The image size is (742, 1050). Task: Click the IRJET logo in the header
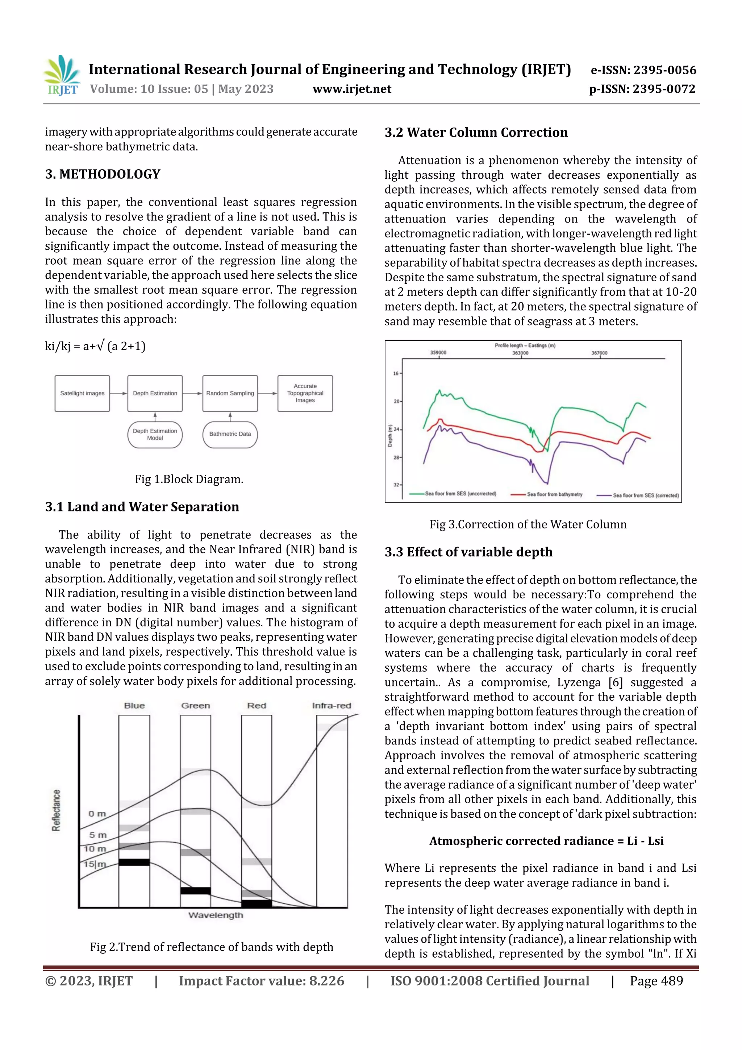click(x=63, y=75)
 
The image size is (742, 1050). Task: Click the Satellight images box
click(x=82, y=393)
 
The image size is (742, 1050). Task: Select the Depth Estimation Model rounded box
click(x=155, y=435)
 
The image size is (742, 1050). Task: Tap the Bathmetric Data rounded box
click(x=230, y=435)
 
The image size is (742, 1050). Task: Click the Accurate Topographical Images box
click(x=305, y=393)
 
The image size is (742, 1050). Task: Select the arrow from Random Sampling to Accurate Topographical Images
click(x=268, y=393)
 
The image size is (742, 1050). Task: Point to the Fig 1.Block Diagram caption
click(x=189, y=479)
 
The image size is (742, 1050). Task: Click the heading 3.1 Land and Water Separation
click(x=142, y=507)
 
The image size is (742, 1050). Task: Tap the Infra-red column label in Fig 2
click(x=332, y=706)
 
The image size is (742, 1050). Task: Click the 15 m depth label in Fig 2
click(x=95, y=864)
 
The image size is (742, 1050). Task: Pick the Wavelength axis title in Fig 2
click(x=216, y=915)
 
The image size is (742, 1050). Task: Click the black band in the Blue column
click(x=134, y=862)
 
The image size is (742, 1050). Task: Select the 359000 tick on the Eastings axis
click(x=438, y=353)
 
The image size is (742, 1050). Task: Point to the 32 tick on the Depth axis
click(x=396, y=484)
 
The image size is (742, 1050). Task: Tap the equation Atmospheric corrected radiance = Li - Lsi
click(x=546, y=841)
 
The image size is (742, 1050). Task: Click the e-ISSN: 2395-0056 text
click(x=643, y=70)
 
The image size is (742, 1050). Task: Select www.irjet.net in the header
click(x=352, y=89)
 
